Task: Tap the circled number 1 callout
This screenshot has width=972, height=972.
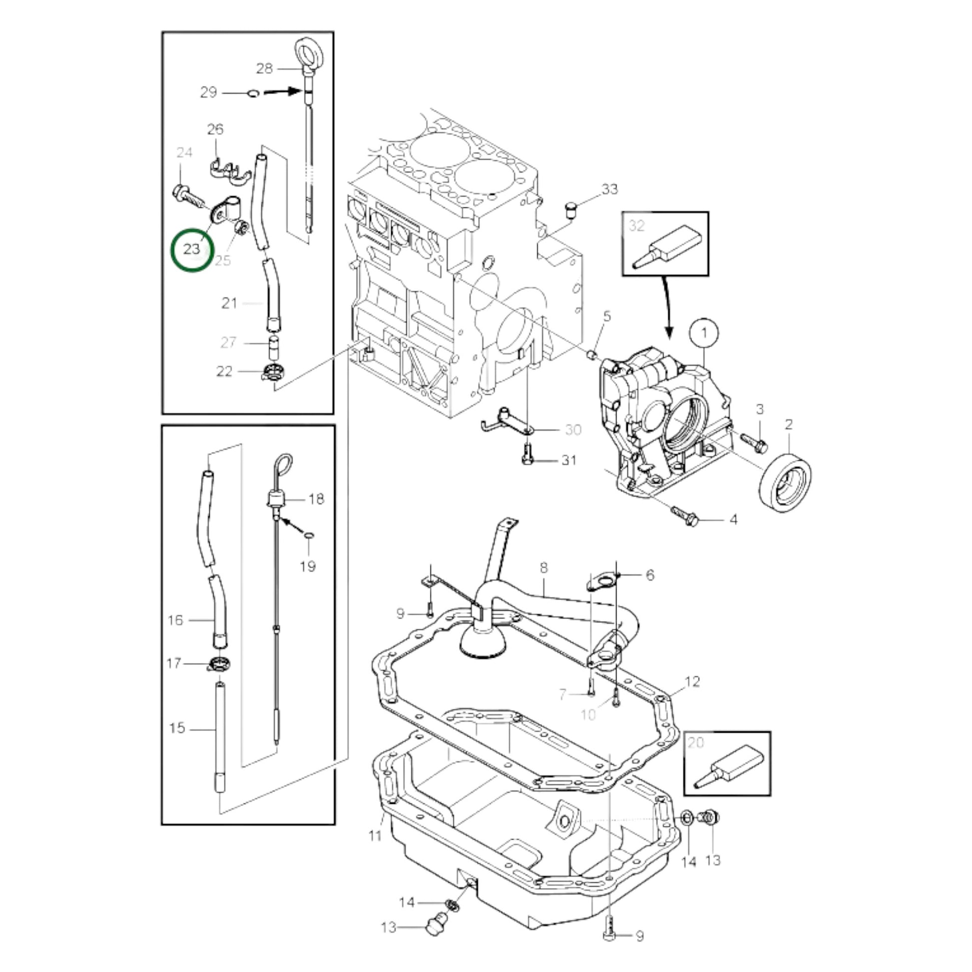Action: click(704, 333)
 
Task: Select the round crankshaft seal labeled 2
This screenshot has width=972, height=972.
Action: click(784, 483)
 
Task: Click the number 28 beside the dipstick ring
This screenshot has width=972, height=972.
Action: click(264, 68)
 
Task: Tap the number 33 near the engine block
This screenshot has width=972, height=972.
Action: click(610, 190)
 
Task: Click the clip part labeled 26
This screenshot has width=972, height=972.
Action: click(230, 170)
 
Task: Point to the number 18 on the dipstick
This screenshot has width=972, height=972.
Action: click(316, 499)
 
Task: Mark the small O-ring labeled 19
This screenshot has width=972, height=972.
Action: click(309, 534)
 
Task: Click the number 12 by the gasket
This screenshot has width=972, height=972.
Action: click(692, 682)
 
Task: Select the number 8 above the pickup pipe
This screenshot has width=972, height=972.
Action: click(544, 568)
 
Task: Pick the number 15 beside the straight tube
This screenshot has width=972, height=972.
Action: click(177, 728)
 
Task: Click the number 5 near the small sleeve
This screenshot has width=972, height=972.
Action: click(607, 317)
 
